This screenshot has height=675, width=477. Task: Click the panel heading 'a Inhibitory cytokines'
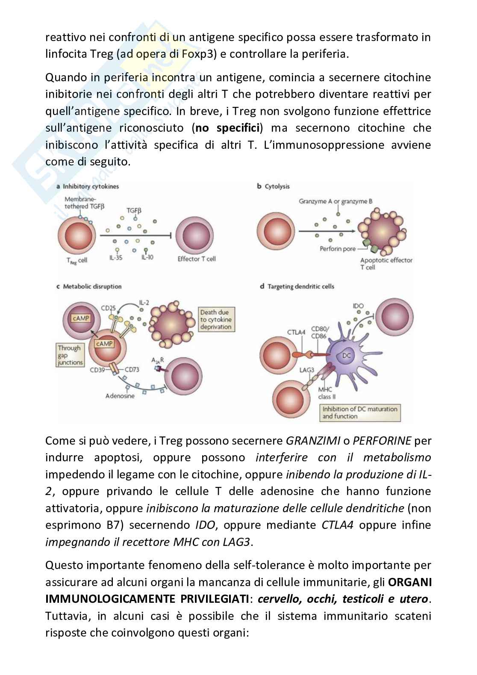88,186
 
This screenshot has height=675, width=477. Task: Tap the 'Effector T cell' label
197,259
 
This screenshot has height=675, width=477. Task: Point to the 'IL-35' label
115,258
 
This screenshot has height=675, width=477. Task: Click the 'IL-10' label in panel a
147,258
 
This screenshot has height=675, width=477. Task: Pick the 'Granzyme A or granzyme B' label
339,201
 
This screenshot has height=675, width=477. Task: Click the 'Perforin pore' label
338,249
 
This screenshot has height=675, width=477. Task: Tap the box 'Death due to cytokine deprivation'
216,320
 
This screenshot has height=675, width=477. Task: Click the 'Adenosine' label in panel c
120,396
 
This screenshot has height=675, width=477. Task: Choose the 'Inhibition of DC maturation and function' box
360,413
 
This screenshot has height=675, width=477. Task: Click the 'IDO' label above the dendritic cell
358,307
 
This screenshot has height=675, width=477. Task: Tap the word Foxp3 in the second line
199,54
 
